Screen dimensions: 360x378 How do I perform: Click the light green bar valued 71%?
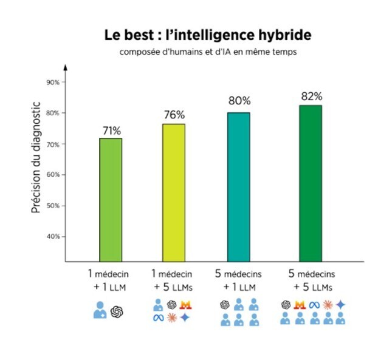click(x=111, y=200)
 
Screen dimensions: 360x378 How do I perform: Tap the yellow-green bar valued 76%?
click(x=174, y=193)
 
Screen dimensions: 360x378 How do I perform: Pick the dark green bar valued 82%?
click(x=311, y=183)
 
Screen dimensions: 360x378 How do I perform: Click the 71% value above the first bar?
click(x=111, y=130)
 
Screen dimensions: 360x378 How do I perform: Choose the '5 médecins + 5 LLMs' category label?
click(x=312, y=280)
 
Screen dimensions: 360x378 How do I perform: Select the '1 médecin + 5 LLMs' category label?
click(x=173, y=280)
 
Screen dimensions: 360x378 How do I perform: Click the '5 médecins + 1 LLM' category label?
click(x=239, y=280)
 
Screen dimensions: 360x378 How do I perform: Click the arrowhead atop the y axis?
click(x=66, y=66)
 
